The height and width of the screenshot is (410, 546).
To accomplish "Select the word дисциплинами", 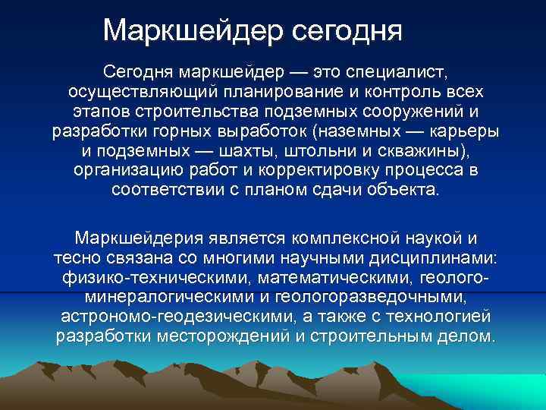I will click(440, 257).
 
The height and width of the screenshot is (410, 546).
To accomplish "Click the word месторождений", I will click(227, 336).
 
